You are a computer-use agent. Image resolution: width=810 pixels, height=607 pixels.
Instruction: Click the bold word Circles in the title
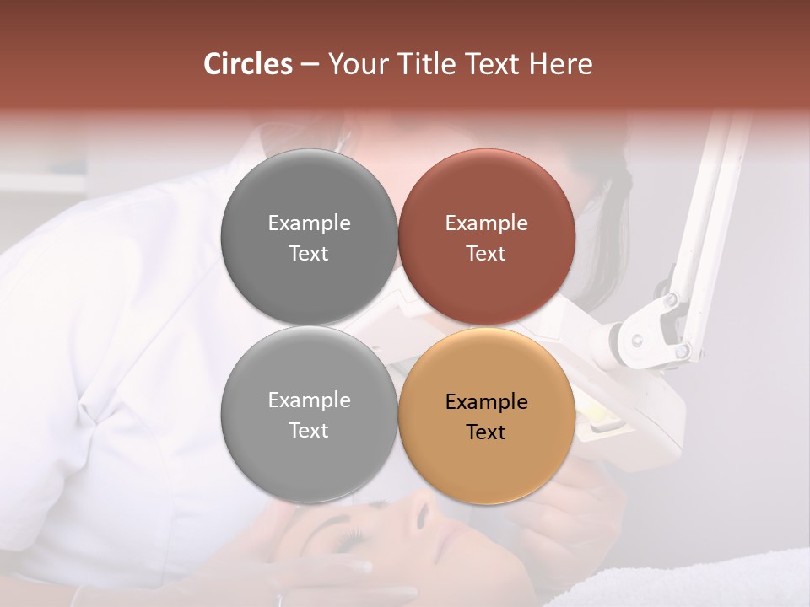click(247, 64)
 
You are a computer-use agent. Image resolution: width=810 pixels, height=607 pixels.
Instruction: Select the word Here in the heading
click(560, 64)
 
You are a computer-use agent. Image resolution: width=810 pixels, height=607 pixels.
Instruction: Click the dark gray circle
click(309, 237)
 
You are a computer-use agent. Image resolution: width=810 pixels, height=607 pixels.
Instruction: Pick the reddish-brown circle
click(486, 237)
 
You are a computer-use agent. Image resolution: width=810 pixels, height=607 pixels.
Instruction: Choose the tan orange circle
click(486, 416)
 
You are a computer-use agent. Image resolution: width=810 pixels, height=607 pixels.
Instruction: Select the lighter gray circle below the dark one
click(309, 414)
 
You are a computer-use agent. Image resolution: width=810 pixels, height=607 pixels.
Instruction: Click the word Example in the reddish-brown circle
click(486, 223)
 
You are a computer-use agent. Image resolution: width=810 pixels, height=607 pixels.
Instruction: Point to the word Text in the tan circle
click(486, 432)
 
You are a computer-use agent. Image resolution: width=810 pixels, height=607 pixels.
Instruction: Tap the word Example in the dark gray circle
click(309, 223)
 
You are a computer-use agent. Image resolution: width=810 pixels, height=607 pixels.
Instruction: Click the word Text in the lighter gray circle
click(309, 430)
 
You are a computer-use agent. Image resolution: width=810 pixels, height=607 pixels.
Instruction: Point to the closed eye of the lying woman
click(351, 534)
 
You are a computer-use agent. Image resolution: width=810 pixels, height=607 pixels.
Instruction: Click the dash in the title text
click(309, 64)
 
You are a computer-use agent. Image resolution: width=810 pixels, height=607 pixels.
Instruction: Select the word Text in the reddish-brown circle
click(486, 253)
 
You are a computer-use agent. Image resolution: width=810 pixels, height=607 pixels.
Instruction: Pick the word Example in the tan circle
click(486, 401)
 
